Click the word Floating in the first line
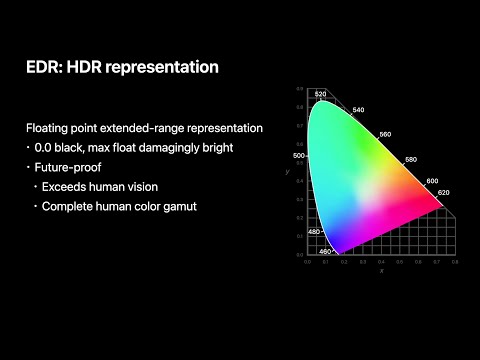[x=50, y=128]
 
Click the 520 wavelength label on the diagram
[x=320, y=94]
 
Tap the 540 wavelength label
[x=358, y=110]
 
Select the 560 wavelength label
[x=386, y=134]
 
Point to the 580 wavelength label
[x=410, y=160]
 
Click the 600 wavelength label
[x=431, y=181]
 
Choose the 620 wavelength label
[x=444, y=192]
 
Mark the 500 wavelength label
[x=298, y=156]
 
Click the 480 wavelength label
[x=314, y=232]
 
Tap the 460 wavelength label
[x=325, y=252]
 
